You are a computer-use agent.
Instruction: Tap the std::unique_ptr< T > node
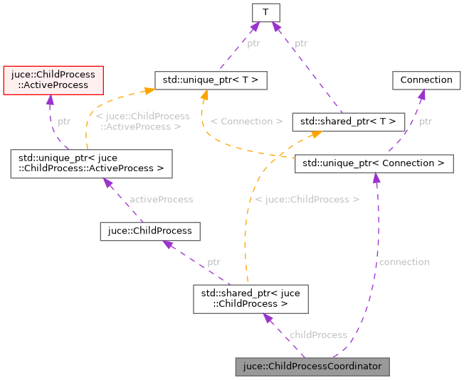pos(211,80)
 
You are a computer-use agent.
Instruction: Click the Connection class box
pos(426,80)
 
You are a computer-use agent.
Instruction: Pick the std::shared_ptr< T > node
pos(349,121)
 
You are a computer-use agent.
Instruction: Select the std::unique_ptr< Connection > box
pos(374,163)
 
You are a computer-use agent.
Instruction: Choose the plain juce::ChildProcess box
pos(149,231)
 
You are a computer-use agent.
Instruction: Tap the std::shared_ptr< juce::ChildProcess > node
pos(251,298)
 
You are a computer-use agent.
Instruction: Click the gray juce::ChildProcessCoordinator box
pos(312,367)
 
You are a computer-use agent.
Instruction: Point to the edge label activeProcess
pos(161,200)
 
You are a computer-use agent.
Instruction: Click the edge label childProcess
pos(318,335)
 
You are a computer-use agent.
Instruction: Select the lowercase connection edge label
pos(404,262)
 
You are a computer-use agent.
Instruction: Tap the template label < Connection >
pos(246,121)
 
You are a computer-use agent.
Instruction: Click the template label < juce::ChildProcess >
pos(307,200)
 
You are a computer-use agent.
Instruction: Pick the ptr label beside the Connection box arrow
pos(425,121)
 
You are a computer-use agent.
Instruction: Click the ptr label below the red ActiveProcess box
pos(64,121)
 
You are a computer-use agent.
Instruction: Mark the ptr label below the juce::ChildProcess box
pos(213,262)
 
